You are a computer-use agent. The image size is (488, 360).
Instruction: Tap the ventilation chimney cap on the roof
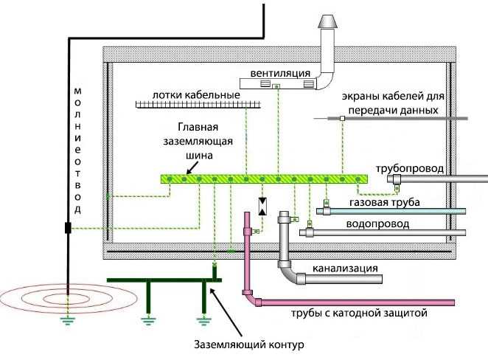327,22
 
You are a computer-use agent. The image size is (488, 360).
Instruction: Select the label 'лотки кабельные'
196,95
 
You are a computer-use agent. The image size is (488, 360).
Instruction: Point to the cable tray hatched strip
199,105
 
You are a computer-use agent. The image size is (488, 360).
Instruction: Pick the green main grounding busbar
263,179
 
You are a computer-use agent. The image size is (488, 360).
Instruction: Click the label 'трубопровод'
409,168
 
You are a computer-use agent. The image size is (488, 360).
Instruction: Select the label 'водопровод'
377,223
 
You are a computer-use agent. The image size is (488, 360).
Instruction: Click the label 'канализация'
345,267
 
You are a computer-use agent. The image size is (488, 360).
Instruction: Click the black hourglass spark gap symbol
262,206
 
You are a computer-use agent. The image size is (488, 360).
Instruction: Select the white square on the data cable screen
342,118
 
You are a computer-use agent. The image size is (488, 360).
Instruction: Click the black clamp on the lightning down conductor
68,228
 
